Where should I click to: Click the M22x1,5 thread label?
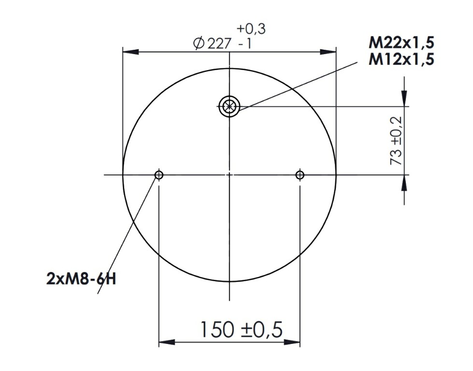401,43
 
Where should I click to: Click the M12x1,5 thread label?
401,59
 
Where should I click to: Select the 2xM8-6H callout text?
81,279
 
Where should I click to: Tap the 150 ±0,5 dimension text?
241,330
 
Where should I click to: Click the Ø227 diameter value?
213,43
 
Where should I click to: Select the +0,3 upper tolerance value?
251,29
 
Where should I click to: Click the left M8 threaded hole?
159,175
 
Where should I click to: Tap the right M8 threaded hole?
300,175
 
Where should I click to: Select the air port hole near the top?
229,106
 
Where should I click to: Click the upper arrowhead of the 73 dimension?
404,99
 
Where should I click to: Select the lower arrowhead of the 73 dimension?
404,182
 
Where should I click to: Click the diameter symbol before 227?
199,44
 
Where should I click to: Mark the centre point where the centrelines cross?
229,175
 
